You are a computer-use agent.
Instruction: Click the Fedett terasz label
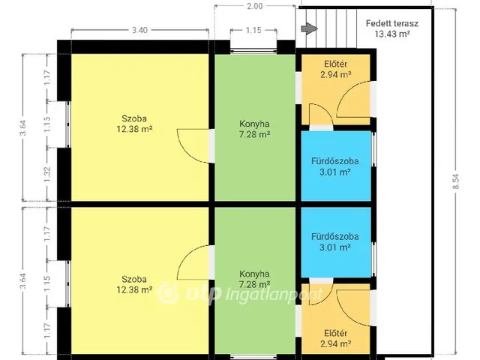click(392, 23)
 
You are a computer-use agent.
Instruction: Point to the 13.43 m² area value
click(392, 34)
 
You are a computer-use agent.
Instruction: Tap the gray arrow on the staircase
click(309, 28)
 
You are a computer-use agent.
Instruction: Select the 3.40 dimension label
click(140, 30)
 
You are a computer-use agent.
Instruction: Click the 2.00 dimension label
click(255, 6)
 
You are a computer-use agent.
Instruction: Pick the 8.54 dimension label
click(456, 181)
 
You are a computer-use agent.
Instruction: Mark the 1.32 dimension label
click(47, 174)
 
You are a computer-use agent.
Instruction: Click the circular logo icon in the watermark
click(168, 293)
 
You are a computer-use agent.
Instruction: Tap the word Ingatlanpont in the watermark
click(274, 295)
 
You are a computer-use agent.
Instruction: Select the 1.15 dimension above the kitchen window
click(253, 30)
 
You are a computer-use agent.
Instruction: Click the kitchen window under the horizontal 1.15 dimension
click(253, 50)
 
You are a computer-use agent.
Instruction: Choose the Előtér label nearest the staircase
click(336, 64)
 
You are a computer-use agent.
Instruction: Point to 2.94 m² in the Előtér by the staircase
click(336, 75)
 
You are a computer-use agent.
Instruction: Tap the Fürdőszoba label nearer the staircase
click(335, 161)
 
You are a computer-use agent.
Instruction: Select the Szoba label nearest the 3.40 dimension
click(134, 118)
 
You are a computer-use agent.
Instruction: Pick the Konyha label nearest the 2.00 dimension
click(254, 124)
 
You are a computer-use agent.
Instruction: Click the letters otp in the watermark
click(203, 294)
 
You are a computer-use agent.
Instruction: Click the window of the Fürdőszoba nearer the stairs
click(373, 149)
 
